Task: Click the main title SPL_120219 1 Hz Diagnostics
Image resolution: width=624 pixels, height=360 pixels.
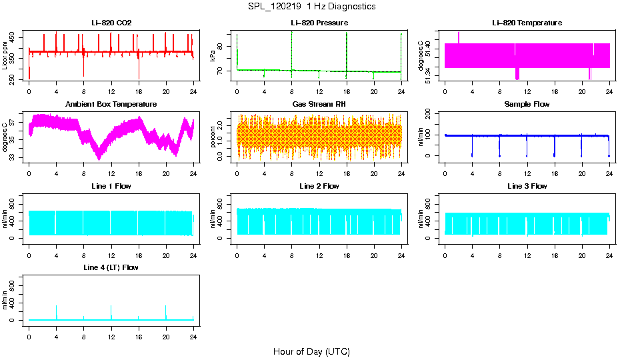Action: (x=311, y=6)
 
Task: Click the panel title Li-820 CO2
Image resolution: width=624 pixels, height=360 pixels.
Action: (x=111, y=23)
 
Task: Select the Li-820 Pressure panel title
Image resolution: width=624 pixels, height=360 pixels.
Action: (x=319, y=23)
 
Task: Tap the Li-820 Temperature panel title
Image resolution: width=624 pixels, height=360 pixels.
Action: (x=527, y=23)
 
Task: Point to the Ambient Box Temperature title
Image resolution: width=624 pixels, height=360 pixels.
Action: (x=111, y=105)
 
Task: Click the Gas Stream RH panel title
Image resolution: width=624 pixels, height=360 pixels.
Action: (x=319, y=105)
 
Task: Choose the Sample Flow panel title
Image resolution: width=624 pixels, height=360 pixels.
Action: (x=527, y=105)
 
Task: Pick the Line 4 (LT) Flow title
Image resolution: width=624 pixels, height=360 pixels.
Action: (x=111, y=267)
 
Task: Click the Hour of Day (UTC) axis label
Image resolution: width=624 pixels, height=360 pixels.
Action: (x=311, y=351)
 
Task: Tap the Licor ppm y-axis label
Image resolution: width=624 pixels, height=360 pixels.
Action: (x=5, y=57)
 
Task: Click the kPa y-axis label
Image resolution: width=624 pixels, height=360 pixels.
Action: (x=213, y=57)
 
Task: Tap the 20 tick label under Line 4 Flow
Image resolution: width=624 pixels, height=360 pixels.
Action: (x=166, y=330)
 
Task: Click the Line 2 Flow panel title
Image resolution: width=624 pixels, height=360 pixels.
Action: (x=319, y=186)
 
